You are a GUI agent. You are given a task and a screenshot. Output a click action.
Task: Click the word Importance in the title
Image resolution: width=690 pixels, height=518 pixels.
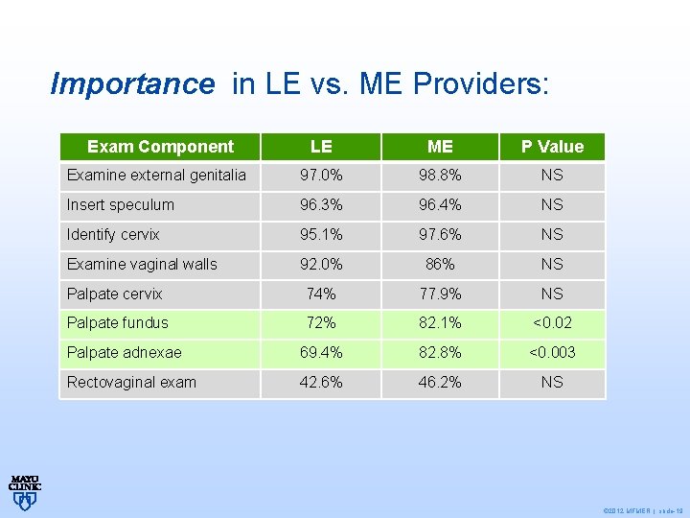132,84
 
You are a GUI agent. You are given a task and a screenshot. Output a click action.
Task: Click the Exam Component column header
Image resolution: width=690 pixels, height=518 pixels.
160,147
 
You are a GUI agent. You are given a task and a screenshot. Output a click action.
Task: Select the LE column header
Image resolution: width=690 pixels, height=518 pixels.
321,147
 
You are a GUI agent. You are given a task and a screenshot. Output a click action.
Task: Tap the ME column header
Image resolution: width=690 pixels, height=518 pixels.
440,147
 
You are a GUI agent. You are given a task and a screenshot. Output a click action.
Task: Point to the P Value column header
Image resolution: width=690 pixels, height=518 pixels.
552,147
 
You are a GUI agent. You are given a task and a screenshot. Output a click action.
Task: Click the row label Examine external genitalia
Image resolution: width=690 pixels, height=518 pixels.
156,176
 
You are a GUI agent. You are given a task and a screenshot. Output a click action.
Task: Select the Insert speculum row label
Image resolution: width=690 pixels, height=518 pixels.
121,205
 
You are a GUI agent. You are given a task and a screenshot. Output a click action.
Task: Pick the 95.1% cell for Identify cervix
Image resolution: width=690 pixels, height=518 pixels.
321,235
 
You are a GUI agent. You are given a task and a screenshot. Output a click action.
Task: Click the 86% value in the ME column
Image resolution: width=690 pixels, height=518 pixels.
440,265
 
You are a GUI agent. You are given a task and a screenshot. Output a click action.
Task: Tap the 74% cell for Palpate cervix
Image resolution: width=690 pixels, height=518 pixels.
321,294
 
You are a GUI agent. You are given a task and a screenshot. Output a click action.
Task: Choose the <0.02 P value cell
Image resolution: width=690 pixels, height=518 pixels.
552,323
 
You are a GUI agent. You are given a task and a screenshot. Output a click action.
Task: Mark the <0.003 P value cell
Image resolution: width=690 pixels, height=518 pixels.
552,353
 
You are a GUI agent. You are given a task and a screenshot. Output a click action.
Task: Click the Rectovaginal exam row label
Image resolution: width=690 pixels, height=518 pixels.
131,383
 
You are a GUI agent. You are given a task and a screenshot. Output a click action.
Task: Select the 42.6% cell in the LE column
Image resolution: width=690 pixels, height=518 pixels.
321,383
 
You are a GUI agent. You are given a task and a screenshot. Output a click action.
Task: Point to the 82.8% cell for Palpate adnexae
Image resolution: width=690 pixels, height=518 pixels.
440,353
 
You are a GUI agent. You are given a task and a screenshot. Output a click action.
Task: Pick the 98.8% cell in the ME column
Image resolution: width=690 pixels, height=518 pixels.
440,176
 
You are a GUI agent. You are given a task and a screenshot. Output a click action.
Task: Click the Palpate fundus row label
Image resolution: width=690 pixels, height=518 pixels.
117,323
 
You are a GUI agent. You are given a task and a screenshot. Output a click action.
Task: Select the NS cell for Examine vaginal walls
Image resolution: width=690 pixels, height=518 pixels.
552,265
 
